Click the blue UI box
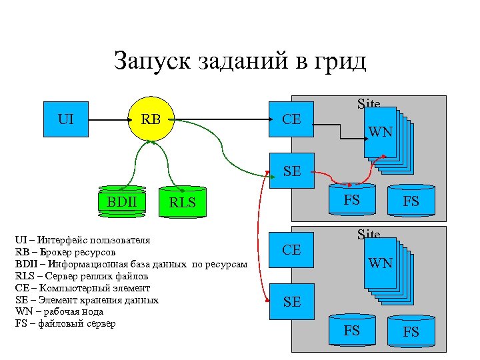click(x=66, y=120)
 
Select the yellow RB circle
click(x=151, y=120)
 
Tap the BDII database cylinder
click(x=121, y=202)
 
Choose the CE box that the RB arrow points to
click(x=291, y=120)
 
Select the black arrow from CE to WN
click(x=340, y=133)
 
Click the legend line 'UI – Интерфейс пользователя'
click(x=83, y=240)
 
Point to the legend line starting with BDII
click(x=131, y=264)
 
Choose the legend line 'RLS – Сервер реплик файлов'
click(x=81, y=276)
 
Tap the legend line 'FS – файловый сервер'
click(x=65, y=323)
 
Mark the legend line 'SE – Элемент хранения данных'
click(x=87, y=300)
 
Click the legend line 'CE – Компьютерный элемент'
click(x=83, y=288)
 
